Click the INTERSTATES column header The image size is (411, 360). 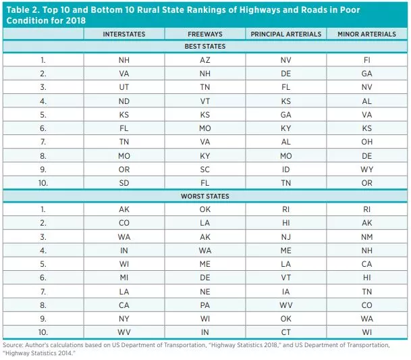tap(124, 34)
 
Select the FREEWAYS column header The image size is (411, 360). tap(205, 34)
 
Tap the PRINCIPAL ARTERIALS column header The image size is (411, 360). tap(285, 34)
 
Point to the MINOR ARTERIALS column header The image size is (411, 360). tap(366, 34)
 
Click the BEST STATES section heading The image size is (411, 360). tap(204, 47)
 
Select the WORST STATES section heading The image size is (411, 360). tap(204, 197)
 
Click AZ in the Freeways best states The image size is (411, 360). tap(205, 59)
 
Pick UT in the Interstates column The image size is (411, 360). tap(124, 87)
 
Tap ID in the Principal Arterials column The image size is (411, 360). tap(285, 169)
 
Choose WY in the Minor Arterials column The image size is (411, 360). tap(366, 169)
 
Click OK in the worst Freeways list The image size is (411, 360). tap(205, 209)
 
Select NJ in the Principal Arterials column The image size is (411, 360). tap(285, 237)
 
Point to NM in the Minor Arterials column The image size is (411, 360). tap(366, 237)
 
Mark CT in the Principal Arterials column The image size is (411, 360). tap(285, 332)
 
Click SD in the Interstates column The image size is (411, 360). tap(124, 182)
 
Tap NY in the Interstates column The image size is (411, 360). tap(124, 318)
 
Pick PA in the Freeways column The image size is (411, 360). tap(205, 305)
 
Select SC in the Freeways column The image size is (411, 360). tap(205, 169)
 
